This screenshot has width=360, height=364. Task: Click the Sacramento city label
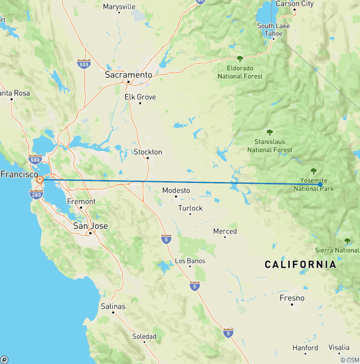click(128, 75)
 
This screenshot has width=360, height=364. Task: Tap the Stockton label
click(148, 152)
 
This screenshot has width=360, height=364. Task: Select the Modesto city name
click(176, 190)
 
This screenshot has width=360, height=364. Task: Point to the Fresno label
click(292, 298)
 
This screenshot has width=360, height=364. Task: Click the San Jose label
click(90, 226)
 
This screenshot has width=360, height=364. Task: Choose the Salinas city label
click(113, 306)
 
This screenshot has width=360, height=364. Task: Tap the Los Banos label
click(189, 261)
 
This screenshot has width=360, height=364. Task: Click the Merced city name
click(225, 231)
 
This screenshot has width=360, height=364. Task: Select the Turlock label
click(190, 208)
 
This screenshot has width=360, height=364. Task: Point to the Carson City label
click(294, 4)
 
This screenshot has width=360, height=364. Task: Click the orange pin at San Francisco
click(40, 179)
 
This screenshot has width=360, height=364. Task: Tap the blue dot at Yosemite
click(320, 184)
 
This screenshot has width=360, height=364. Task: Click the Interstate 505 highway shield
click(84, 64)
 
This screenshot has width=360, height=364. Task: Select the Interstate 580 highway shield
click(34, 159)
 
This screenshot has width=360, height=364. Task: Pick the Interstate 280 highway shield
click(36, 193)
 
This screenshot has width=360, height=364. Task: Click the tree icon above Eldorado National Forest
click(240, 59)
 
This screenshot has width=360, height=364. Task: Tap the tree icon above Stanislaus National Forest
click(270, 132)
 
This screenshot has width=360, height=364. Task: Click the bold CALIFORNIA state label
click(300, 265)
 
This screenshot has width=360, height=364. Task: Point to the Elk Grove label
click(140, 97)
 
